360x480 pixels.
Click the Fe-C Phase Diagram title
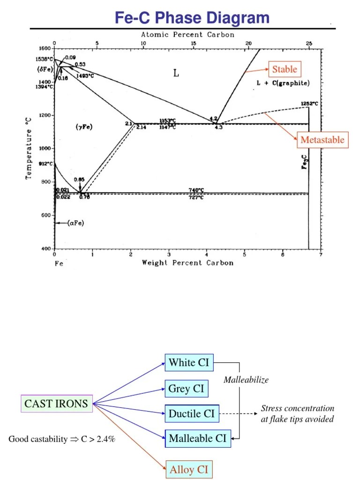[192, 18]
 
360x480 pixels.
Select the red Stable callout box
[285, 70]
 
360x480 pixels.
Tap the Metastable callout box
[322, 140]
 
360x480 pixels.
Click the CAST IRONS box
[56, 404]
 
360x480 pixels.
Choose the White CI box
[189, 362]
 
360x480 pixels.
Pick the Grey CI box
[186, 389]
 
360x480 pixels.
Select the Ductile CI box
[191, 413]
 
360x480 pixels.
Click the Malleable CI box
[197, 439]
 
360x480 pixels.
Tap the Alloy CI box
[188, 469]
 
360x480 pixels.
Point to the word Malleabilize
[246, 380]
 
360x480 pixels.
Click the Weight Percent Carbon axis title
[187, 263]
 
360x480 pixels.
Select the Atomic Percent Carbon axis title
[187, 35]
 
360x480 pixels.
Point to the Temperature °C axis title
[29, 148]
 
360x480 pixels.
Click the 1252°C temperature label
[309, 104]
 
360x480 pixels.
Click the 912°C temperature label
[45, 164]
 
